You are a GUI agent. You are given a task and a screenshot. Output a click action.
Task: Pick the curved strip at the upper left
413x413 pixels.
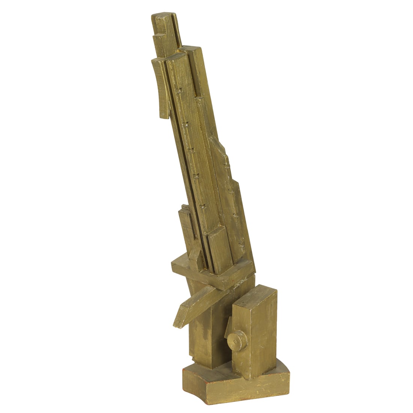click(x=160, y=86)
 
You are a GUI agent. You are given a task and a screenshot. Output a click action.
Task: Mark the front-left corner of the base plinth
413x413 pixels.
click(x=184, y=372)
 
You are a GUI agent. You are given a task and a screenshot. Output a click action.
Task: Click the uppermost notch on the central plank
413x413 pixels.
click(x=179, y=90)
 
